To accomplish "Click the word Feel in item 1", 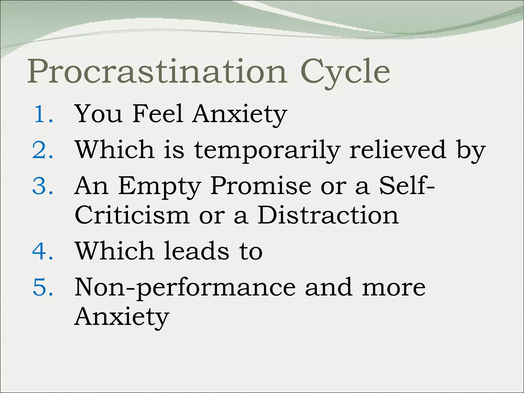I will pyautogui.click(x=158, y=114).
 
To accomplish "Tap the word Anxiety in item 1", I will pyautogui.click(x=240, y=115).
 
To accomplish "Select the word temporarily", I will pyautogui.click(x=267, y=151).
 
